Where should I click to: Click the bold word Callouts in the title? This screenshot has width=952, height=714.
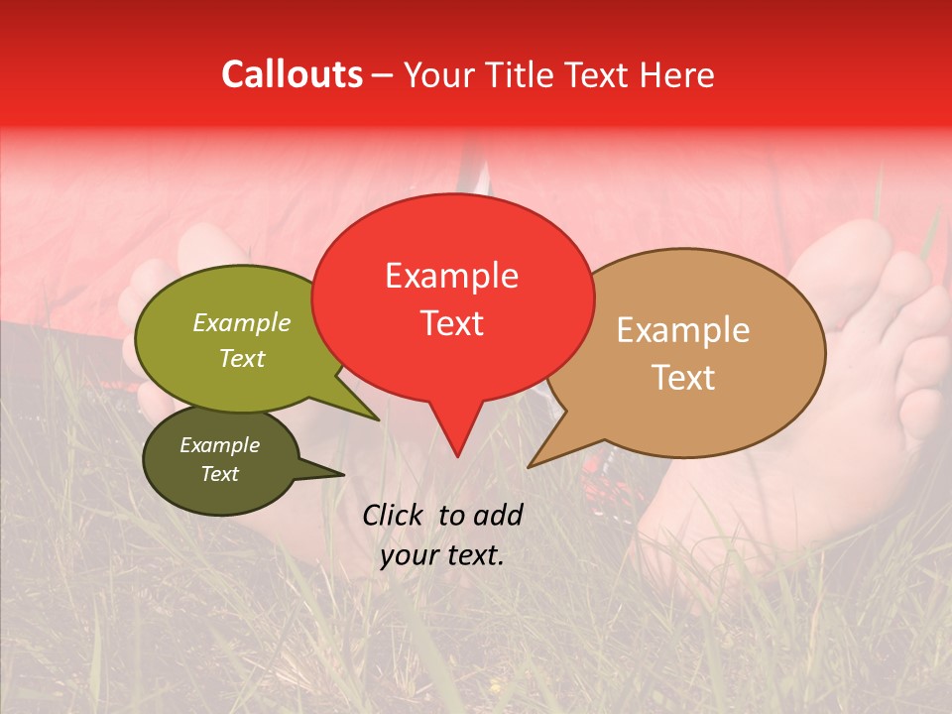coord(292,74)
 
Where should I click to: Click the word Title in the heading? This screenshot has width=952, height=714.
coord(521,74)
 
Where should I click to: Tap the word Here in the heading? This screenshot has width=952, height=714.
coord(677,74)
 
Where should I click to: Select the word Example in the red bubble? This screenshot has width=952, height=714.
coord(451,276)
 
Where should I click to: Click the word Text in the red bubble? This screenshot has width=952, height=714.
coord(451,322)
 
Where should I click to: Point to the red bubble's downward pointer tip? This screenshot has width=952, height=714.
coord(457,456)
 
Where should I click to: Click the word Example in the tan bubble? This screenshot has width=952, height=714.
coord(683,330)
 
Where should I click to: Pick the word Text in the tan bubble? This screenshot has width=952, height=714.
coord(683,378)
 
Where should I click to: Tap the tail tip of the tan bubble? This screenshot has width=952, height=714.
coord(530,466)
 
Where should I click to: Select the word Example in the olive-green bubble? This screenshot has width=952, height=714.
coord(242,322)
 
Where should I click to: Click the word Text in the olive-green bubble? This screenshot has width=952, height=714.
coord(242,358)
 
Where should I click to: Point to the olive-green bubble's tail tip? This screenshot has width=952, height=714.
coord(378,419)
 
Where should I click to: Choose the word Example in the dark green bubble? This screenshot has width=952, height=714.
coord(219,445)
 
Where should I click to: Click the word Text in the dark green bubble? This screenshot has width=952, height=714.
coord(219,474)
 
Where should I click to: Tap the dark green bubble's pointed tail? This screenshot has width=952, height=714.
coord(343,474)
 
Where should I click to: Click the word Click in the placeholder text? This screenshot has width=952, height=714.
coord(396,515)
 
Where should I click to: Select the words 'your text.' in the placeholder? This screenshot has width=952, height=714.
coord(442,555)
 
